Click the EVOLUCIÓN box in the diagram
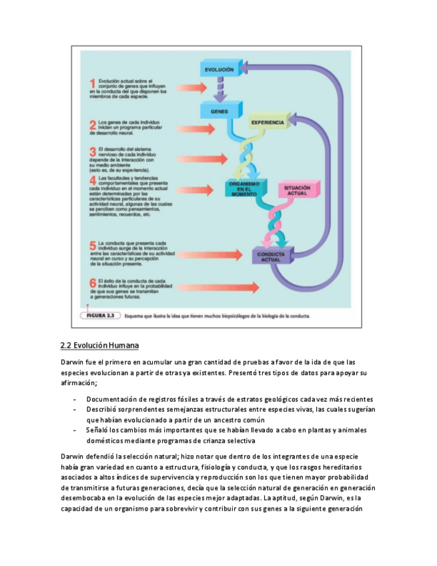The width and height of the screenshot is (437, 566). [x=219, y=69]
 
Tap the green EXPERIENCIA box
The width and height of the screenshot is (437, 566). [x=268, y=123]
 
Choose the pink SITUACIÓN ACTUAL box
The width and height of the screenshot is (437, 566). [x=297, y=190]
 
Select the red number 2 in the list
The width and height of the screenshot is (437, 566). [x=93, y=125]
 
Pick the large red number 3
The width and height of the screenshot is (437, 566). [x=93, y=152]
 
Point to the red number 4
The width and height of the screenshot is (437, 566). [x=93, y=180]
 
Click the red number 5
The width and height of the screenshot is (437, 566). [x=93, y=246]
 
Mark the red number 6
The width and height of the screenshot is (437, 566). [x=93, y=284]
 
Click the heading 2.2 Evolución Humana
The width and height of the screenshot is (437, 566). [x=99, y=345]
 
